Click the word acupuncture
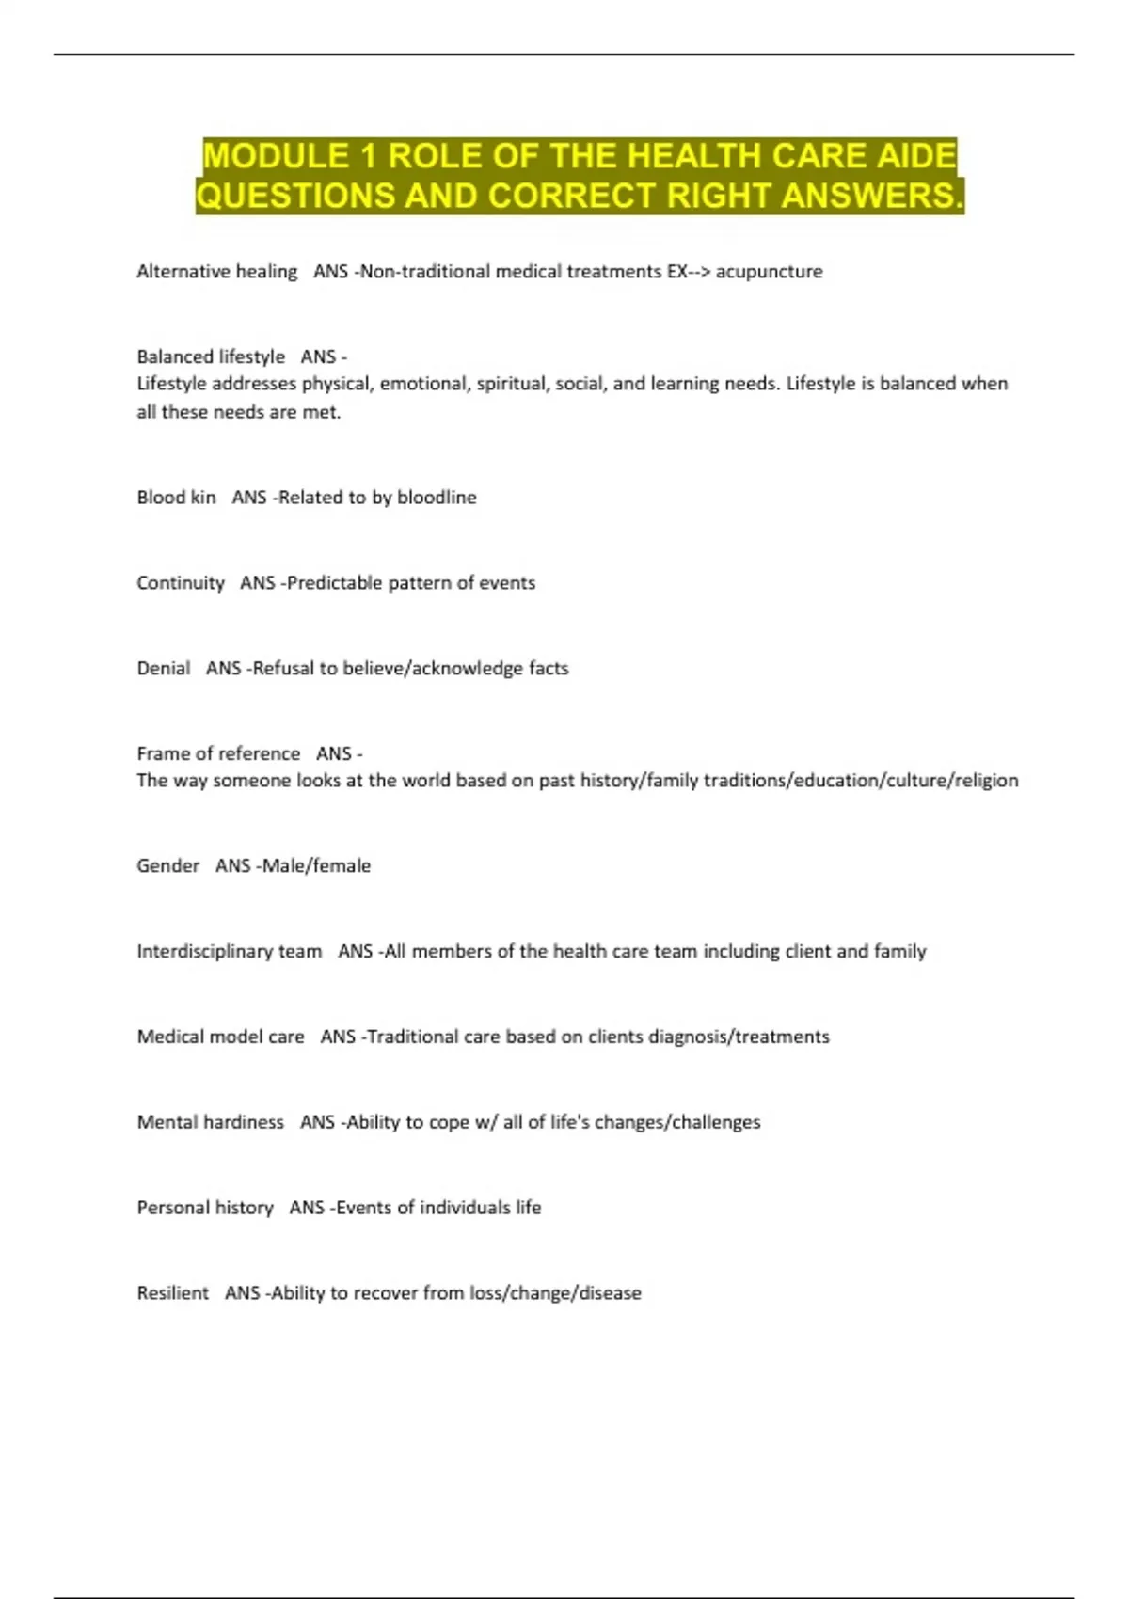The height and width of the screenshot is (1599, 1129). click(x=769, y=272)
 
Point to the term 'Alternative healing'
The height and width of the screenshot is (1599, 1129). click(x=216, y=272)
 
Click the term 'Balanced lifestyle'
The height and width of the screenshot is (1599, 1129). click(x=211, y=357)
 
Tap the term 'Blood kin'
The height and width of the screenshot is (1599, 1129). click(x=176, y=498)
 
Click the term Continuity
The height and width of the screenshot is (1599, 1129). click(x=181, y=583)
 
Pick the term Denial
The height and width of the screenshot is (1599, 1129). click(x=164, y=669)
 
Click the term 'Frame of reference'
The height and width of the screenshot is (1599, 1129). click(x=218, y=754)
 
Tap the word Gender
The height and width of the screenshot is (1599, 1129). click(x=168, y=866)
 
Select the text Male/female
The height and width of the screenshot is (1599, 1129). click(x=316, y=866)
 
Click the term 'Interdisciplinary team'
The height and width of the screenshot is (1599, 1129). click(x=230, y=952)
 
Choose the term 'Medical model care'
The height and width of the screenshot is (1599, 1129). click(x=221, y=1037)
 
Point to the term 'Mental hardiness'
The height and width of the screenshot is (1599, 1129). click(x=211, y=1122)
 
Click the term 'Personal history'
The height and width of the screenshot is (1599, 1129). click(x=205, y=1208)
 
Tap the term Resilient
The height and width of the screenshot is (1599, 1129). click(x=173, y=1293)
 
